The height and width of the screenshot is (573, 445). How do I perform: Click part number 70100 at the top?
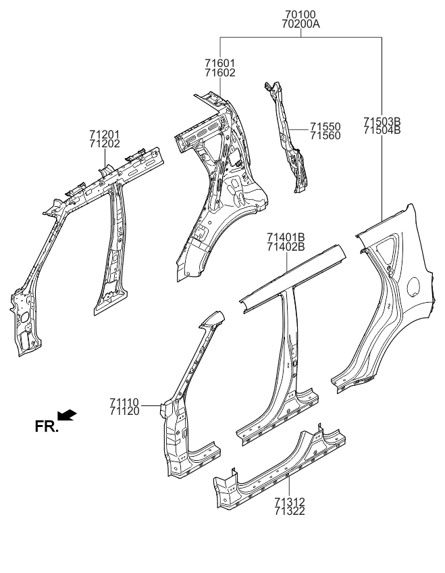click(x=300, y=14)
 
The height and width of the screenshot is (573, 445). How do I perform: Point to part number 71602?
click(x=220, y=72)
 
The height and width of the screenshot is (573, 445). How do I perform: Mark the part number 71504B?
click(x=382, y=130)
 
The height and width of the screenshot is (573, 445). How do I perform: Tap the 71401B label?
click(x=286, y=236)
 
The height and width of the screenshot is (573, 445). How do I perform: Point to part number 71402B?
click(x=286, y=246)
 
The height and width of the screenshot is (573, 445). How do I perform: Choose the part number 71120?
click(x=124, y=411)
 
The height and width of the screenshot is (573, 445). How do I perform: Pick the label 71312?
click(x=290, y=502)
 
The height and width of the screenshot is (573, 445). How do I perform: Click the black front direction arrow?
click(x=68, y=414)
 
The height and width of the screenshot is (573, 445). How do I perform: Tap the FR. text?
click(x=47, y=426)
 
